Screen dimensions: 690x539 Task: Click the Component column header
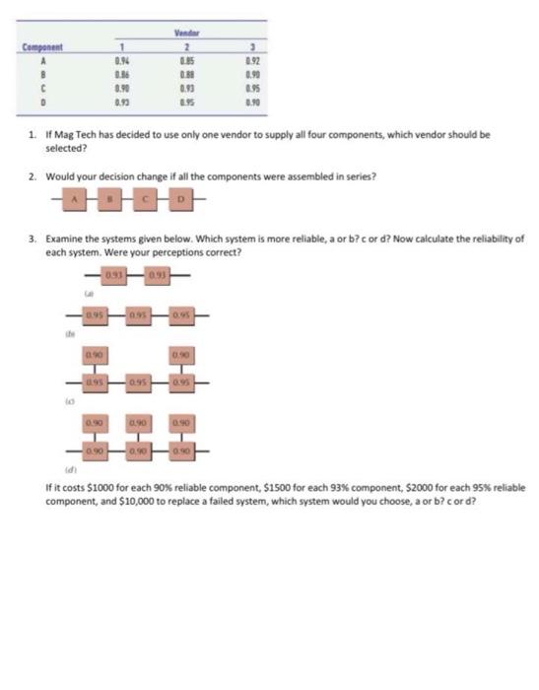pos(42,46)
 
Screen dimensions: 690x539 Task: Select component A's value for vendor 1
pos(123,61)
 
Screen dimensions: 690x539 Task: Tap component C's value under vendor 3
pos(251,89)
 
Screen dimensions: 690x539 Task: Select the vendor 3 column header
pos(251,46)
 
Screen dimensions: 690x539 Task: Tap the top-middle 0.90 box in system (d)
pos(139,422)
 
